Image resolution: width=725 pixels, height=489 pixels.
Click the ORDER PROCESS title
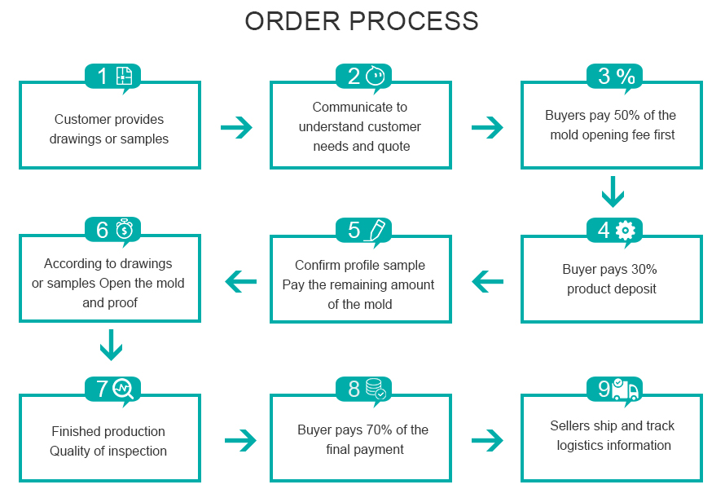[362, 22]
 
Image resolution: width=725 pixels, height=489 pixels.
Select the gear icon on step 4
[626, 230]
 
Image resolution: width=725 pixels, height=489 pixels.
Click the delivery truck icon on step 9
[626, 390]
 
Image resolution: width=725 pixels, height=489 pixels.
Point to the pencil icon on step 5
[376, 230]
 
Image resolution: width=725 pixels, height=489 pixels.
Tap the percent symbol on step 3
[626, 77]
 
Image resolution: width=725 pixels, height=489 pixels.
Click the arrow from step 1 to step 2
[236, 127]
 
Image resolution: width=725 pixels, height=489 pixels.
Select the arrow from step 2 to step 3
[487, 127]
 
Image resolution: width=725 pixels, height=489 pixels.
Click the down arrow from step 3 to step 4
[613, 193]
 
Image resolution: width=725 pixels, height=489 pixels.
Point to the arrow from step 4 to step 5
[488, 282]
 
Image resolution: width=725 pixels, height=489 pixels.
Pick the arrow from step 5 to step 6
[240, 282]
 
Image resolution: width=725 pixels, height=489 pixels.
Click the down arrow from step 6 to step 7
[111, 346]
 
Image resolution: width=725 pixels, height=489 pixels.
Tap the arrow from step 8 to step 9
[487, 441]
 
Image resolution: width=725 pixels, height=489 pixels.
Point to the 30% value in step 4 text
[643, 269]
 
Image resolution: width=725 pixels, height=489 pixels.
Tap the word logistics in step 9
[582, 445]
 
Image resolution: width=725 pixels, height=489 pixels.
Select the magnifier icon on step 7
[125, 389]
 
